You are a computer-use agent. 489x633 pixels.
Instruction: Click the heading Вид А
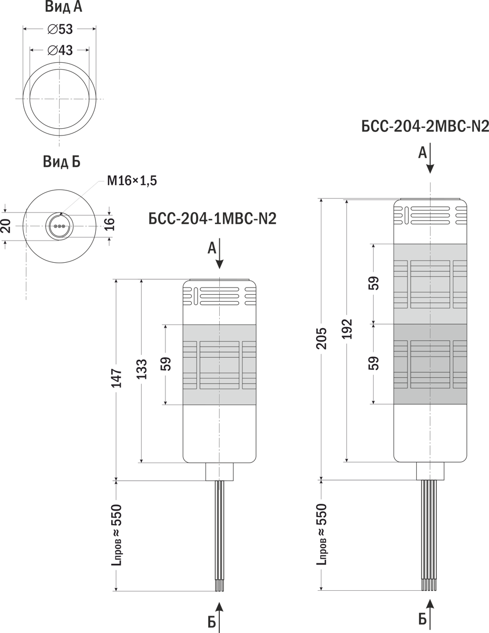pos(63,7)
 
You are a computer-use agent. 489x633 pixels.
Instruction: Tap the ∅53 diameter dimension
pos(60,29)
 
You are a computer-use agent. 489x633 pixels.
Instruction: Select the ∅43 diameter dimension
pos(60,50)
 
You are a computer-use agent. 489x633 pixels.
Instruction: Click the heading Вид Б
pos(62,162)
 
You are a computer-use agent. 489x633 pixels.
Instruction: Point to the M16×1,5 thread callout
pos(132,181)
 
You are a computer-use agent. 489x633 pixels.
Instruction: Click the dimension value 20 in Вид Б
pos(6,226)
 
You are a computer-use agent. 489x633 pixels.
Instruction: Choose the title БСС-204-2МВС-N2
pos(425,127)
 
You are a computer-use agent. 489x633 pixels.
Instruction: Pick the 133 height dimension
pos(143,371)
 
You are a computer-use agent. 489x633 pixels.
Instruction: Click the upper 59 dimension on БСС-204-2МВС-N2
pos(374,283)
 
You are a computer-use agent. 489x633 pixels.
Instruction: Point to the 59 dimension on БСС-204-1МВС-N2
pos(166,365)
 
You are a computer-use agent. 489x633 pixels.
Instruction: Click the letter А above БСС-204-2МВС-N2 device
pos(422,153)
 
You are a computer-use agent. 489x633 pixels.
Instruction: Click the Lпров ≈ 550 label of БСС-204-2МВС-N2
pos(322,534)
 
